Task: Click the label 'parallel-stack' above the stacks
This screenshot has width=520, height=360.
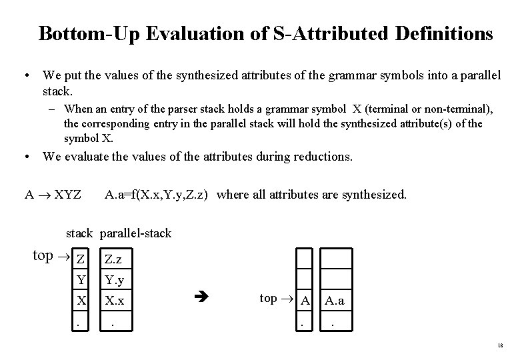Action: coord(136,233)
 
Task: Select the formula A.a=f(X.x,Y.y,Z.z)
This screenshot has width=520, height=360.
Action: coord(159,195)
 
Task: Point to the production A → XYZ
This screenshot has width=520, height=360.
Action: coord(53,195)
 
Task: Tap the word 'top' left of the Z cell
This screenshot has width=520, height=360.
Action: coord(43,256)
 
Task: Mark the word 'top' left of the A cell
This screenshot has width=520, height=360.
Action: coord(268,299)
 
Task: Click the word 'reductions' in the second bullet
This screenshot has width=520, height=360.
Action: coord(321,157)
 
